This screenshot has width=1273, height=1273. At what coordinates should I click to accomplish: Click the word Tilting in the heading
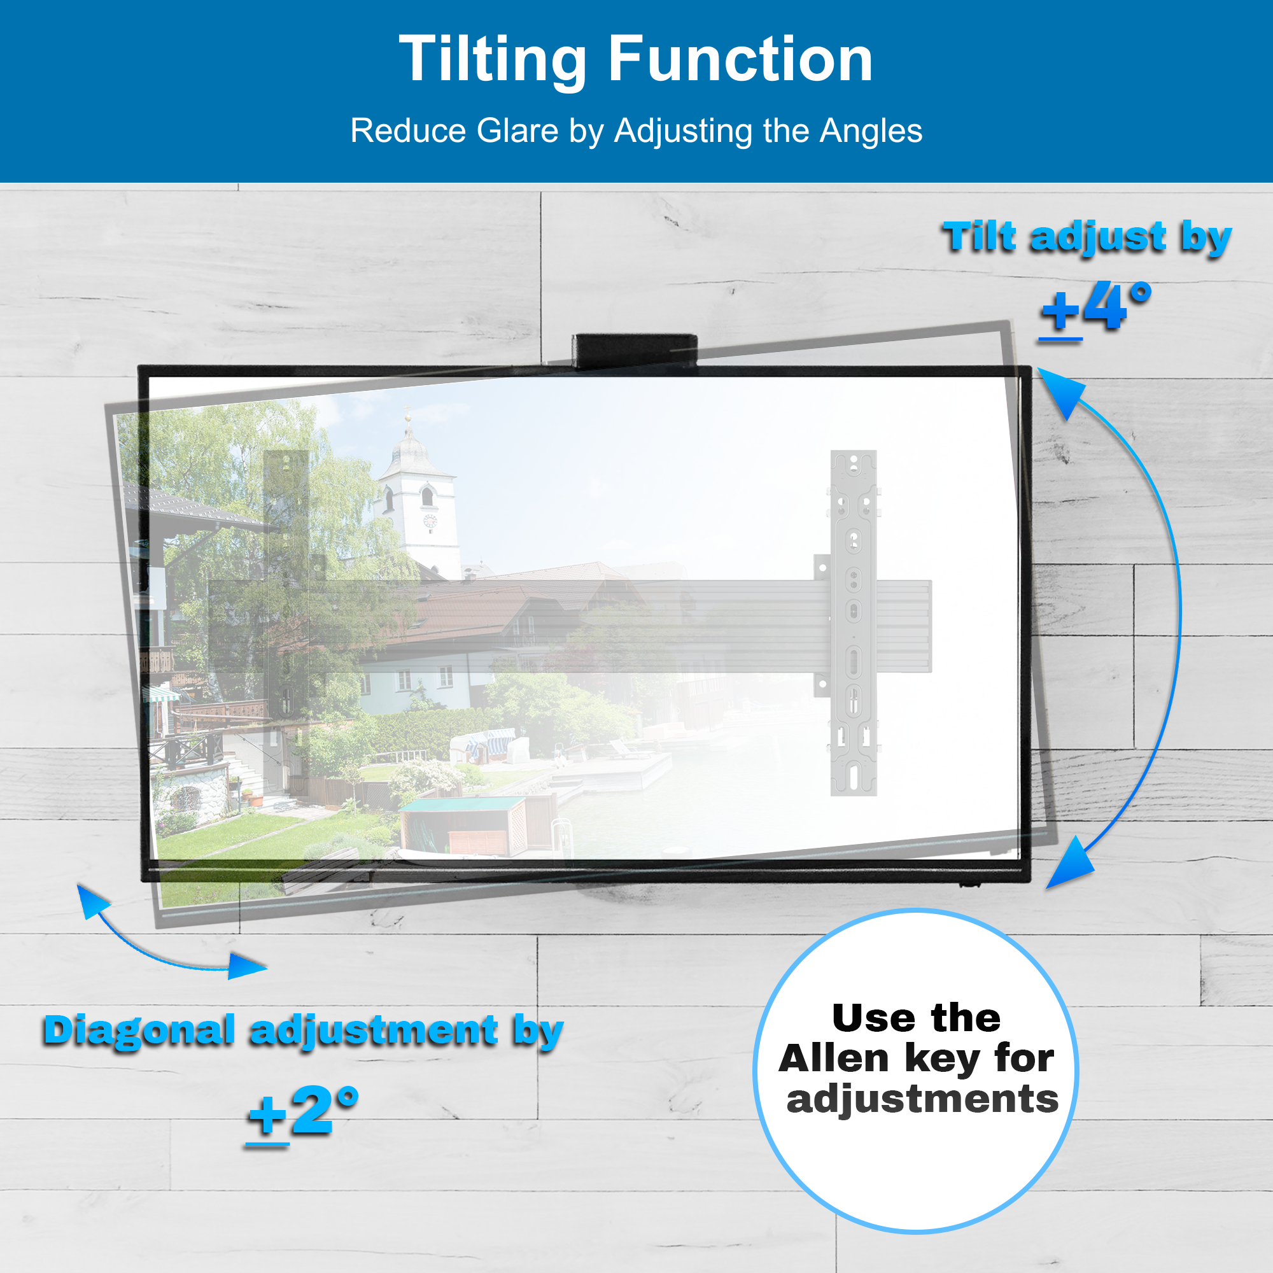492,60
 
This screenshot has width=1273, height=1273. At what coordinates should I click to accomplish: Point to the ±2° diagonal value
303,1112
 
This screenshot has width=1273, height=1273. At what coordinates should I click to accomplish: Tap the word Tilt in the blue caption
980,237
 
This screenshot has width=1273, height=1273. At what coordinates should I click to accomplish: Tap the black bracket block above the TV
635,351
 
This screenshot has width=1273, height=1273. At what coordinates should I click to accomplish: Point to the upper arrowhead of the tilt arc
1062,391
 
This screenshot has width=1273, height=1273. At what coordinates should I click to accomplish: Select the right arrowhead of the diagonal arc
247,966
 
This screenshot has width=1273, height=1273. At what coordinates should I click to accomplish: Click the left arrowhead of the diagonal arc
90,899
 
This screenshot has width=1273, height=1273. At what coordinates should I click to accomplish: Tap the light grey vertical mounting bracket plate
854,622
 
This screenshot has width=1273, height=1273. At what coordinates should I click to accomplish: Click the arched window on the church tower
427,495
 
